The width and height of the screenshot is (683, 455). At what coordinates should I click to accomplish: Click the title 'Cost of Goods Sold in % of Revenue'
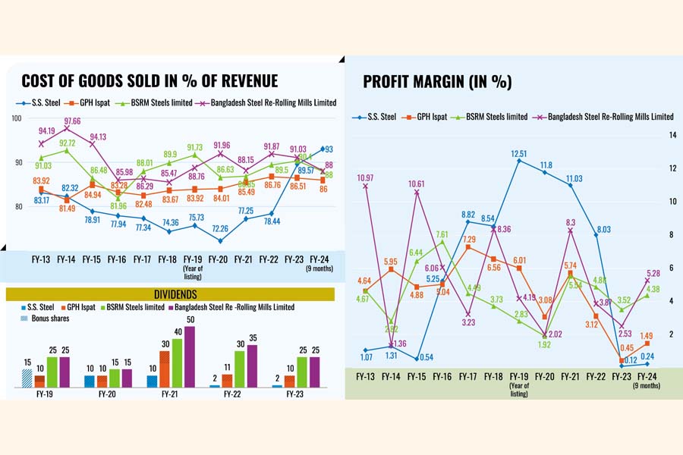tap(150, 81)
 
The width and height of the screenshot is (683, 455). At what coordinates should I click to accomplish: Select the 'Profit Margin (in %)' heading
tap(437, 82)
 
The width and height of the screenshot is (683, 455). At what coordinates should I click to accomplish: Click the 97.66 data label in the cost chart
tap(73, 121)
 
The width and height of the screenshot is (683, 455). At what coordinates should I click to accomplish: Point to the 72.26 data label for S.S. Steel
tap(219, 227)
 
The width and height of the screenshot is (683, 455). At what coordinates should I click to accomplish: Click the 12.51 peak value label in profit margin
tap(518, 152)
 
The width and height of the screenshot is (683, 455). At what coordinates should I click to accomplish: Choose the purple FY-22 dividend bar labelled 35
tap(253, 366)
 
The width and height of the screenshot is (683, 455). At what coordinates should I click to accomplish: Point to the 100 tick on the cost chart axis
tap(16, 118)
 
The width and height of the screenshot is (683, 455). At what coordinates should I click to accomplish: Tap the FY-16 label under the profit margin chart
tap(442, 376)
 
